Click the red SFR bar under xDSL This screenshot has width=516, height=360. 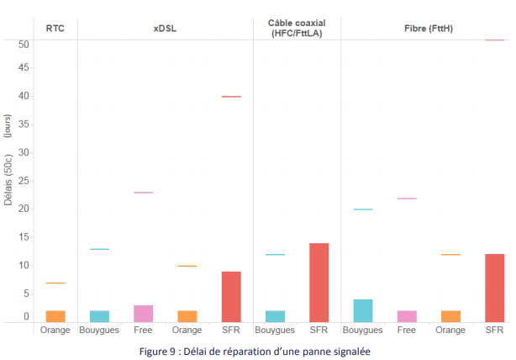(231, 296)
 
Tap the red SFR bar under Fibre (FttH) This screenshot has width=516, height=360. (494, 288)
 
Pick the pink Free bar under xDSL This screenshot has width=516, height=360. (144, 313)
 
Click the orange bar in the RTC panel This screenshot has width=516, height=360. (55, 315)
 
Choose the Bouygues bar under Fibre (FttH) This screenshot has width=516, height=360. (363, 310)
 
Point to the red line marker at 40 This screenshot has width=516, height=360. (231, 97)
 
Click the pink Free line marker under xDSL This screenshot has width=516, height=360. (144, 193)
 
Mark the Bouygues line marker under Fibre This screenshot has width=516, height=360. (363, 209)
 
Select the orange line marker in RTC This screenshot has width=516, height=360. (55, 283)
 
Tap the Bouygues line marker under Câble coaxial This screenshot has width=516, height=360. (276, 254)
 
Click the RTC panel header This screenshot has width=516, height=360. (55, 28)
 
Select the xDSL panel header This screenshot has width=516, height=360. (165, 28)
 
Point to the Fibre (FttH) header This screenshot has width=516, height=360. (429, 28)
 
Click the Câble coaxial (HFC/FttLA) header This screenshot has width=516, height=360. (297, 28)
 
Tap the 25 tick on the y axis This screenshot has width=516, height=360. (24, 181)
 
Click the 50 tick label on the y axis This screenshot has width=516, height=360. (24, 44)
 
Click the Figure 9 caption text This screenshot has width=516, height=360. (255, 351)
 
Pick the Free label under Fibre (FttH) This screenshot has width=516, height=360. (407, 330)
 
